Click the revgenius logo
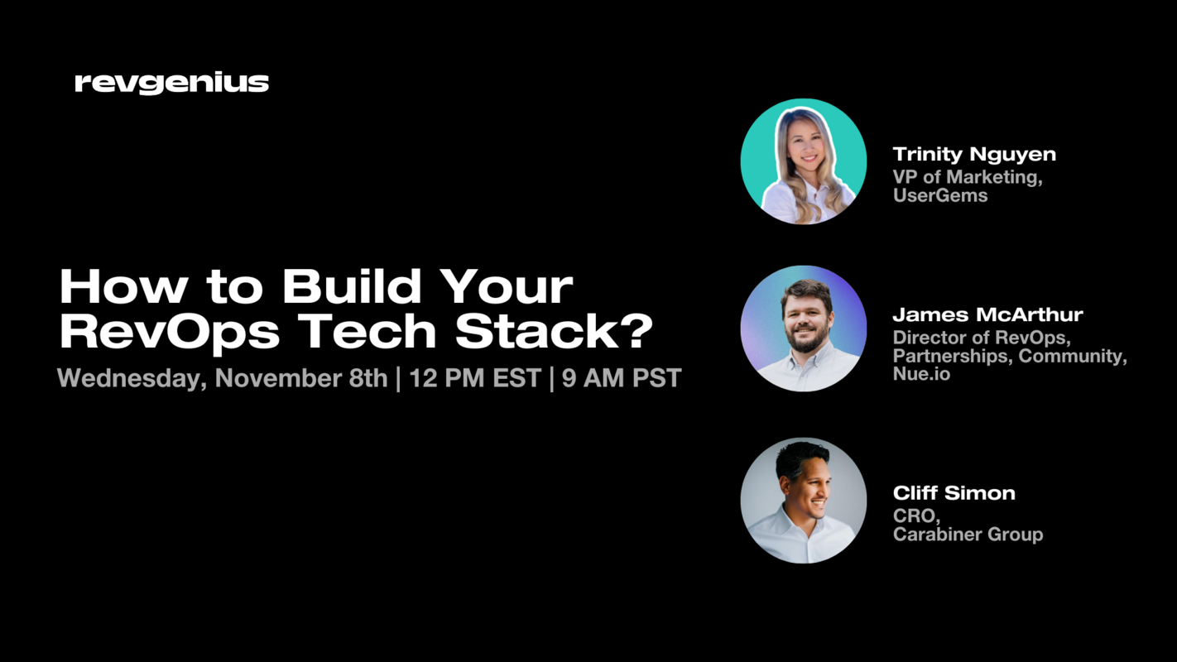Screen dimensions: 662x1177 (x=171, y=83)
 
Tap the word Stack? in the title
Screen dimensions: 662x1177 (x=554, y=331)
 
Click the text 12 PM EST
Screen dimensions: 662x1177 (x=473, y=378)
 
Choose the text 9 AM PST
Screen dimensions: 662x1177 (x=621, y=378)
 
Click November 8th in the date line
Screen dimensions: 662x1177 (x=301, y=378)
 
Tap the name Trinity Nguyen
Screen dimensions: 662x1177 (x=974, y=154)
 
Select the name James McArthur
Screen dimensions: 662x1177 (x=987, y=314)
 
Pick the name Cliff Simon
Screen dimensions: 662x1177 (x=954, y=493)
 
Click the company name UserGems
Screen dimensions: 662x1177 (x=939, y=195)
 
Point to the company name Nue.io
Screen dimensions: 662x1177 (x=921, y=374)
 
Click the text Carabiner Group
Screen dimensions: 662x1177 (x=968, y=535)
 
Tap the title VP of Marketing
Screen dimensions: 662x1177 (x=967, y=176)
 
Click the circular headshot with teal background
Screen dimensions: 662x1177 (x=803, y=161)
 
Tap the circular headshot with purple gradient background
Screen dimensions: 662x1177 (x=803, y=329)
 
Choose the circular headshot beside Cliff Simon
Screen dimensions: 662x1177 (x=803, y=501)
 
